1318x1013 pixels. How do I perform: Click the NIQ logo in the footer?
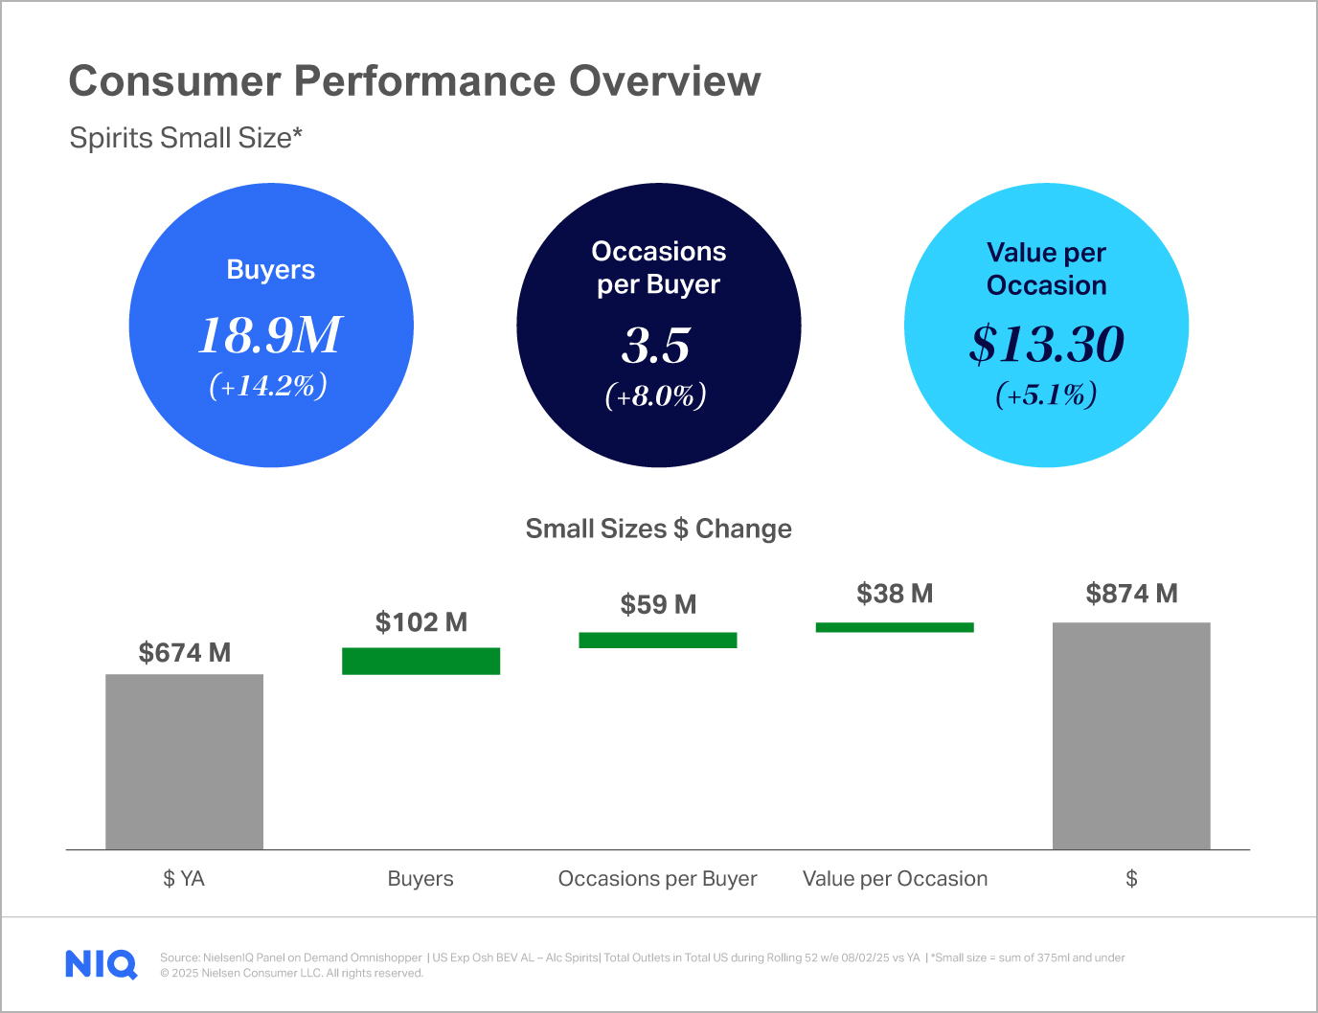coord(101,964)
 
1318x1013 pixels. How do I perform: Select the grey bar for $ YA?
coord(184,761)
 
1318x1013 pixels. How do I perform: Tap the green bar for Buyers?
coord(420,661)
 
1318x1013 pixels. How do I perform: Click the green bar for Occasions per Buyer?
coord(657,640)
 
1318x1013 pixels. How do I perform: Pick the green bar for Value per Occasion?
coord(894,627)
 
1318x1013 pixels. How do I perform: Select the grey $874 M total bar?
coord(1131,735)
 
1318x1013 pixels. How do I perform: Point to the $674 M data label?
coord(184,653)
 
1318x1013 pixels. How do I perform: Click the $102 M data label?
coord(420,622)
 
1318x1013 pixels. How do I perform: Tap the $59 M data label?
coord(658,604)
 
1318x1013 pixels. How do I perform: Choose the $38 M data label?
coord(895,594)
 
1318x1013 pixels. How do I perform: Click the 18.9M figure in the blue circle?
coord(270,335)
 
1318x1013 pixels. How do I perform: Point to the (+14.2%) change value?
coord(269,385)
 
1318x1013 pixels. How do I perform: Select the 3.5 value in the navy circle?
coord(656,346)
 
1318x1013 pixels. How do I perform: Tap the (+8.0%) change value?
coord(656,395)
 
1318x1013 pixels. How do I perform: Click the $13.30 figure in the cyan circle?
coord(1046,344)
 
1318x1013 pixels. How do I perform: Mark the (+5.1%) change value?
coord(1046,394)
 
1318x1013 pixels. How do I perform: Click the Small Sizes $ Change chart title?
coord(658,529)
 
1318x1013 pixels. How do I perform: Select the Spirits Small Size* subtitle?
coord(186,138)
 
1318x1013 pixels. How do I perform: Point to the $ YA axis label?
coord(184,878)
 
